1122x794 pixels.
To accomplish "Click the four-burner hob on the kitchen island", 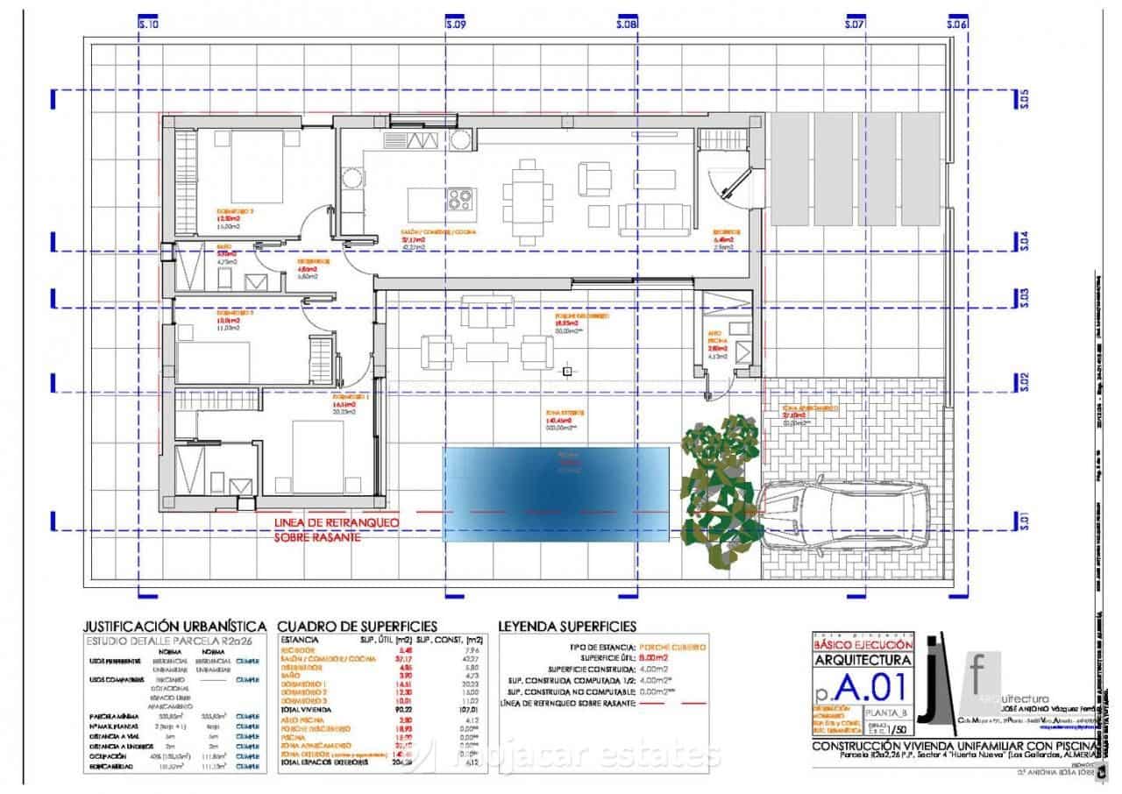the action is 460,199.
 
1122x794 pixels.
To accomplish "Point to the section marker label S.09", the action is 453,25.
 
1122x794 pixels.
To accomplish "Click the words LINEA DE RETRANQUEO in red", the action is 336,522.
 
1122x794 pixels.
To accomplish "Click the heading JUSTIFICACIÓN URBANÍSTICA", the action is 174,627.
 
